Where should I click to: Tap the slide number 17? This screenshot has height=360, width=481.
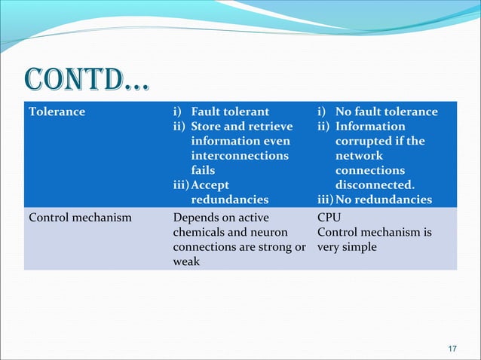point(452,348)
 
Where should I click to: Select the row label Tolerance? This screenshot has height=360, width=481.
point(57,111)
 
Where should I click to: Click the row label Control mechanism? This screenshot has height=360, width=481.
point(80,218)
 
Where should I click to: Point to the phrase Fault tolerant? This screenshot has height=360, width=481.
point(230,111)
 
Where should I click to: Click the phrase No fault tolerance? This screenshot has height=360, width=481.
point(386,111)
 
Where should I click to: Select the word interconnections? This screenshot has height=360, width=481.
point(240,155)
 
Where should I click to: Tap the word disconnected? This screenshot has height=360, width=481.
point(375,185)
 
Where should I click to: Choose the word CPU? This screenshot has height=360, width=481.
point(329,218)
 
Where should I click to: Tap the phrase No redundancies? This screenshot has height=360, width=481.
point(384,200)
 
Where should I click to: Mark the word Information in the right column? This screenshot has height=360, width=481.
point(370,126)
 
